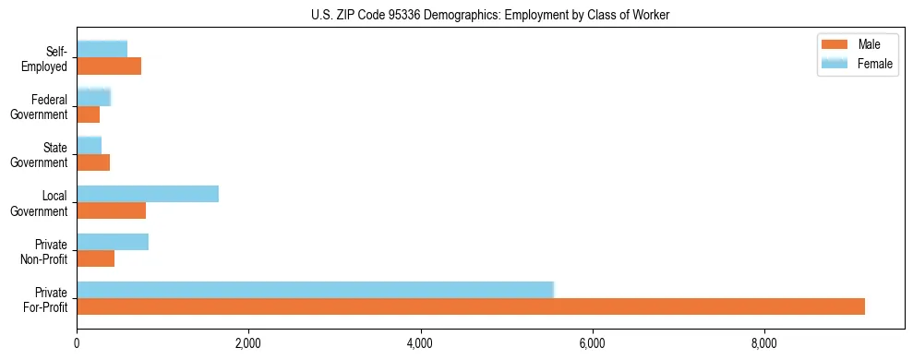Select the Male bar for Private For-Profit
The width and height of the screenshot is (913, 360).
click(471, 306)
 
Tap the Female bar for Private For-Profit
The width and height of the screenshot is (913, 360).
click(315, 290)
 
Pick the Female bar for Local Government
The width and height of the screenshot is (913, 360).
click(148, 194)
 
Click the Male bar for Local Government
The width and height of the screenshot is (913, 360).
click(111, 210)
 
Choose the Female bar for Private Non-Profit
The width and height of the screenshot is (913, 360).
click(113, 242)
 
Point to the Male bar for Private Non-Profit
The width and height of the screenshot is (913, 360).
click(95, 258)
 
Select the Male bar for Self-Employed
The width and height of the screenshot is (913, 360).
click(109, 66)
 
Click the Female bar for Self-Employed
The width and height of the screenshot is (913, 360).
click(102, 49)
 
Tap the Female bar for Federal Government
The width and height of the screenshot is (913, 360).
click(93, 97)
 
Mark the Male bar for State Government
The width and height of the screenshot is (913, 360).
click(93, 162)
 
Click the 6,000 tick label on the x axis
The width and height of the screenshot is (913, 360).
click(592, 344)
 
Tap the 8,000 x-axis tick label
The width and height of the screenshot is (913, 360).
click(763, 344)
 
